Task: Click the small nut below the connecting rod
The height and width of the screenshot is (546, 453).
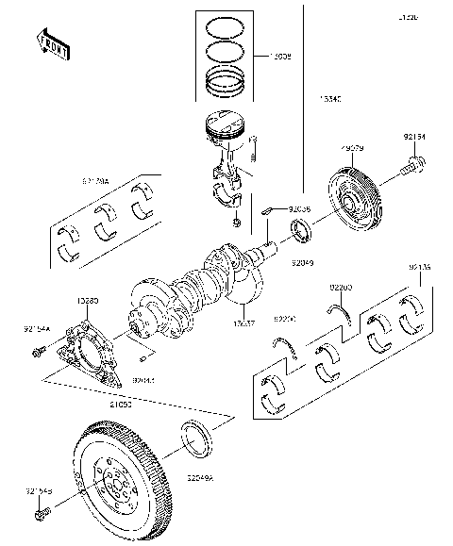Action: click(x=235, y=223)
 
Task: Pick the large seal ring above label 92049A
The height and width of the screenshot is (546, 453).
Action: click(x=196, y=439)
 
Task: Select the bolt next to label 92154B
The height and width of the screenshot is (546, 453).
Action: click(x=42, y=516)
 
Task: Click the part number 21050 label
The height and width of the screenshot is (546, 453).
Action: click(x=120, y=403)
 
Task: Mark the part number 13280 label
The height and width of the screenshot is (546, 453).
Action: click(x=87, y=300)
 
